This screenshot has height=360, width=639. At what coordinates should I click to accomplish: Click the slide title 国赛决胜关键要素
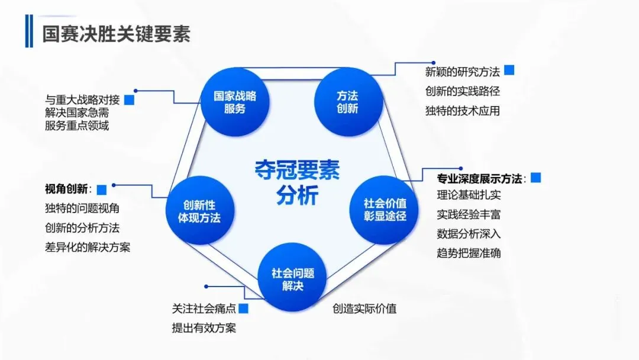tap(116, 34)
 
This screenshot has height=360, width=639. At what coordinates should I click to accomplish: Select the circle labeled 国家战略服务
tap(235, 102)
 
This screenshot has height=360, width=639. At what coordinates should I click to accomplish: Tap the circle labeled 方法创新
tap(347, 102)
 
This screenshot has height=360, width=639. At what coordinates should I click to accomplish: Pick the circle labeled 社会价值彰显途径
tap(385, 210)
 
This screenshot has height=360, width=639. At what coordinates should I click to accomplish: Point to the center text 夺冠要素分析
tap(297, 182)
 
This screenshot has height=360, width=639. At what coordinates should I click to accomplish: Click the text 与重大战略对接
tap(82, 100)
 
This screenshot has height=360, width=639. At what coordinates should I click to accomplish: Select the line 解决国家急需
tap(77, 112)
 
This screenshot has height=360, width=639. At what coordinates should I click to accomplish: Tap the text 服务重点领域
tap(77, 126)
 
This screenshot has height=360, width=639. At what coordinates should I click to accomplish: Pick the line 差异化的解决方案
tap(88, 247)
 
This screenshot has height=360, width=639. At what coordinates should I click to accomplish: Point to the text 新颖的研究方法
tap(463, 72)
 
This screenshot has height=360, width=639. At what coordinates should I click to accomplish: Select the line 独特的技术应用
tap(463, 111)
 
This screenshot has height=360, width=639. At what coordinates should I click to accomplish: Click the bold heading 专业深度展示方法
tap(480, 178)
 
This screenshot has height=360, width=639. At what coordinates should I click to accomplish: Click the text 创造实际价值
tap(364, 308)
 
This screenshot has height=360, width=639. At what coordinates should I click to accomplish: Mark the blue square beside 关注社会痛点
tap(243, 308)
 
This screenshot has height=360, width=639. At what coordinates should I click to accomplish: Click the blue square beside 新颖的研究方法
tap(509, 70)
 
